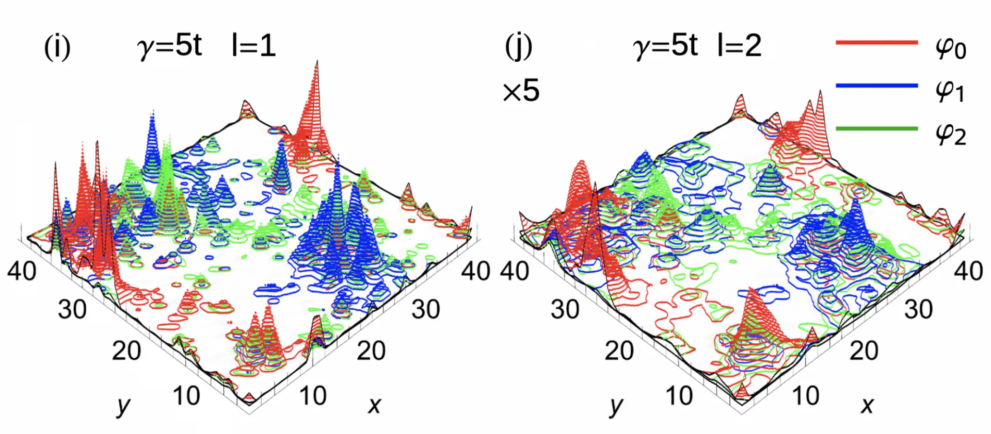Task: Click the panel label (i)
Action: [x=57, y=47]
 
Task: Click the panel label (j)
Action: [x=518, y=47]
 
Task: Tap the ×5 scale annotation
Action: [x=521, y=91]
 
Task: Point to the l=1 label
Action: [x=253, y=45]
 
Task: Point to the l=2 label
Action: [x=739, y=45]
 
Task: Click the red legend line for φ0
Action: [x=876, y=42]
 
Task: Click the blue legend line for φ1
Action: [x=876, y=86]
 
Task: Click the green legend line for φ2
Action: [x=876, y=128]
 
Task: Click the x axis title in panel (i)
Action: [x=374, y=406]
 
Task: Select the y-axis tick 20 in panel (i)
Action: [x=126, y=351]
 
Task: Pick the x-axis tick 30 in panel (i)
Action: [x=426, y=310]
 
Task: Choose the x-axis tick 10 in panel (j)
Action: [x=806, y=396]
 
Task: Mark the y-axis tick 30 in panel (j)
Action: [x=565, y=310]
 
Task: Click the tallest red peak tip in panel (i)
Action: [x=316, y=61]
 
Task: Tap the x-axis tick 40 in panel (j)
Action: [x=968, y=271]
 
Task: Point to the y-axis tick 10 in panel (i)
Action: [x=186, y=396]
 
